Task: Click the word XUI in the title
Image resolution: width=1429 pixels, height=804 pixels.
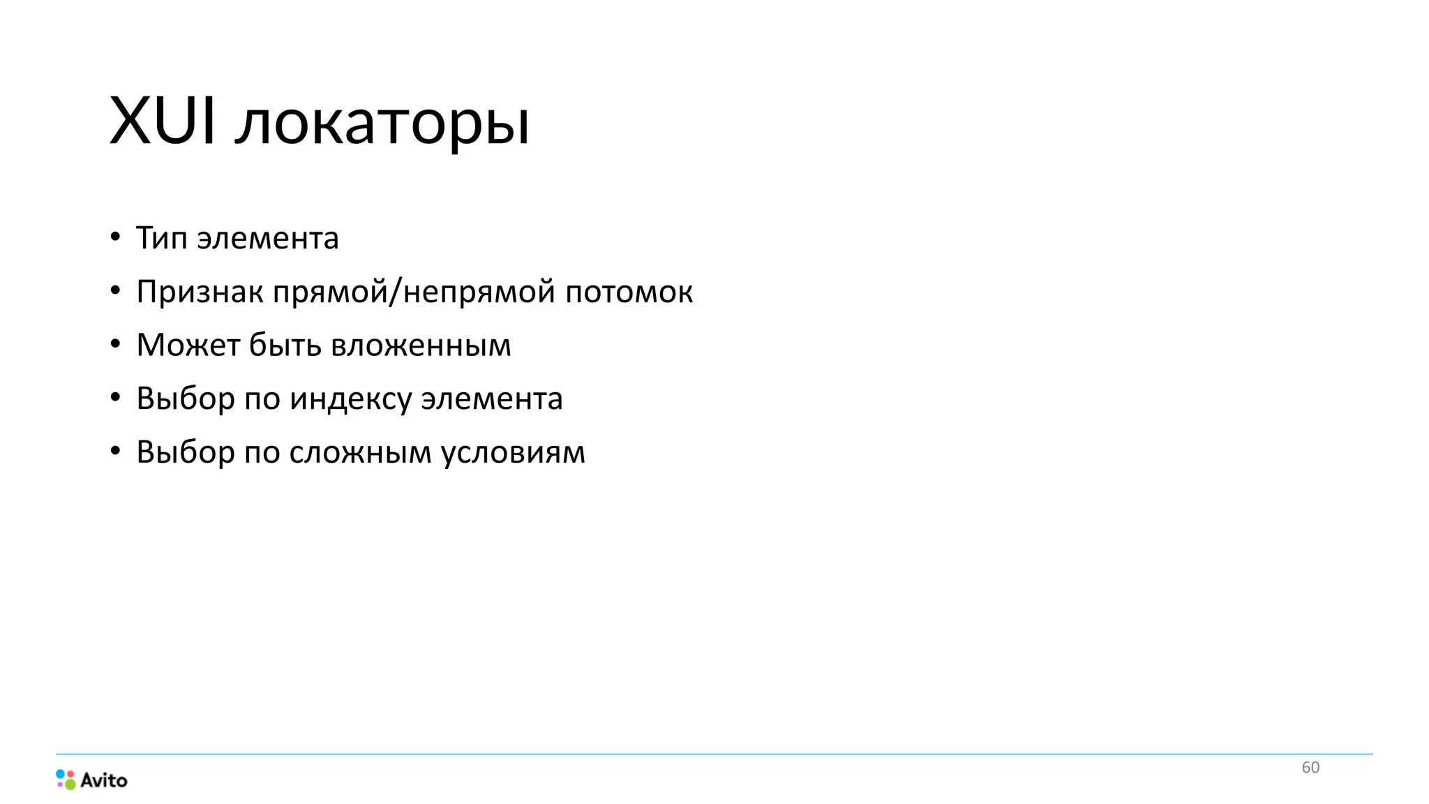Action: pyautogui.click(x=163, y=121)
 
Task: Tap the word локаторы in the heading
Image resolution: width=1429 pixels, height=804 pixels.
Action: pyautogui.click(x=382, y=124)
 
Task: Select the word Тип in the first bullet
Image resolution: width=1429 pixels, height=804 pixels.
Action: pyautogui.click(x=162, y=238)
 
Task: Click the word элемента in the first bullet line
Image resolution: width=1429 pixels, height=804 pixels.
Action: pyautogui.click(x=268, y=239)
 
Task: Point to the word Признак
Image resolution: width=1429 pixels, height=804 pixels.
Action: pyautogui.click(x=199, y=292)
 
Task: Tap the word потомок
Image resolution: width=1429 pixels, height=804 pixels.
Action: pyautogui.click(x=629, y=292)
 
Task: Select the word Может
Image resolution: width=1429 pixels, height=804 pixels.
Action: pyautogui.click(x=188, y=345)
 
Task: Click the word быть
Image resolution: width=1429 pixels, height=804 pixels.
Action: pyautogui.click(x=285, y=345)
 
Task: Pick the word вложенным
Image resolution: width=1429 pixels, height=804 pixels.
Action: pyautogui.click(x=421, y=345)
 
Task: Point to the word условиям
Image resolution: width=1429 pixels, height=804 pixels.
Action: pyautogui.click(x=513, y=452)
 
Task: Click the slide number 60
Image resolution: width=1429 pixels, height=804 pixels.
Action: pyautogui.click(x=1310, y=768)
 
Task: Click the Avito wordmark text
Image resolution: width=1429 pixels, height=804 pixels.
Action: pyautogui.click(x=104, y=780)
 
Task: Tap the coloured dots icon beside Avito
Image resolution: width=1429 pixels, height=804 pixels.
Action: pyautogui.click(x=66, y=780)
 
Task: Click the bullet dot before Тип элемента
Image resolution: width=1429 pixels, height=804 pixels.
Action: pyautogui.click(x=115, y=237)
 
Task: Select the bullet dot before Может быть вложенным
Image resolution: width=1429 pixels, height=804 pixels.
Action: pyautogui.click(x=115, y=344)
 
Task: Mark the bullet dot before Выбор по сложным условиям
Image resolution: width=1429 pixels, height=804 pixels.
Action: pyautogui.click(x=115, y=452)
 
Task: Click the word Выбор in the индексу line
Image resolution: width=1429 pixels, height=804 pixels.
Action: pyautogui.click(x=185, y=399)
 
